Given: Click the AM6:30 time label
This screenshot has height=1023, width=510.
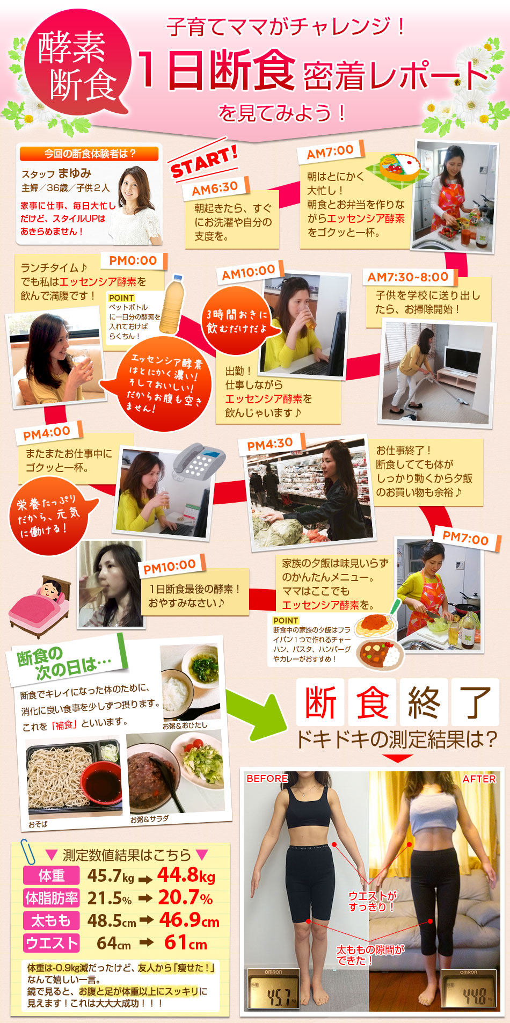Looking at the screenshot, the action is coord(215,189).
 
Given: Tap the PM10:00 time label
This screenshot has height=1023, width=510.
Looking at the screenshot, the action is coord(170,567).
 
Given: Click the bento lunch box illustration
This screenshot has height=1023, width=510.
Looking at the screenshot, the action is coord(400,168).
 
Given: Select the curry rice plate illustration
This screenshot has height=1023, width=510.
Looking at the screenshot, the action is coord(380,654).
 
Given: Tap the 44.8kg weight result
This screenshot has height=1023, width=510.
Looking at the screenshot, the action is coord(186,875).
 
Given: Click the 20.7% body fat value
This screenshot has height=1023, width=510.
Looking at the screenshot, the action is coord(185,897).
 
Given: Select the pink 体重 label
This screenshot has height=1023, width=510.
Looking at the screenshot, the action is coord(52,876).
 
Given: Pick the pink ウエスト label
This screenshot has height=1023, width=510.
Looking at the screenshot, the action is coord(52,944).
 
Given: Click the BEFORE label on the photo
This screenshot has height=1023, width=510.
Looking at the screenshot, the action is coord(267,778).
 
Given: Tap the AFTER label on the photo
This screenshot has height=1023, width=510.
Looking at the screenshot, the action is coord(479,779).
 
